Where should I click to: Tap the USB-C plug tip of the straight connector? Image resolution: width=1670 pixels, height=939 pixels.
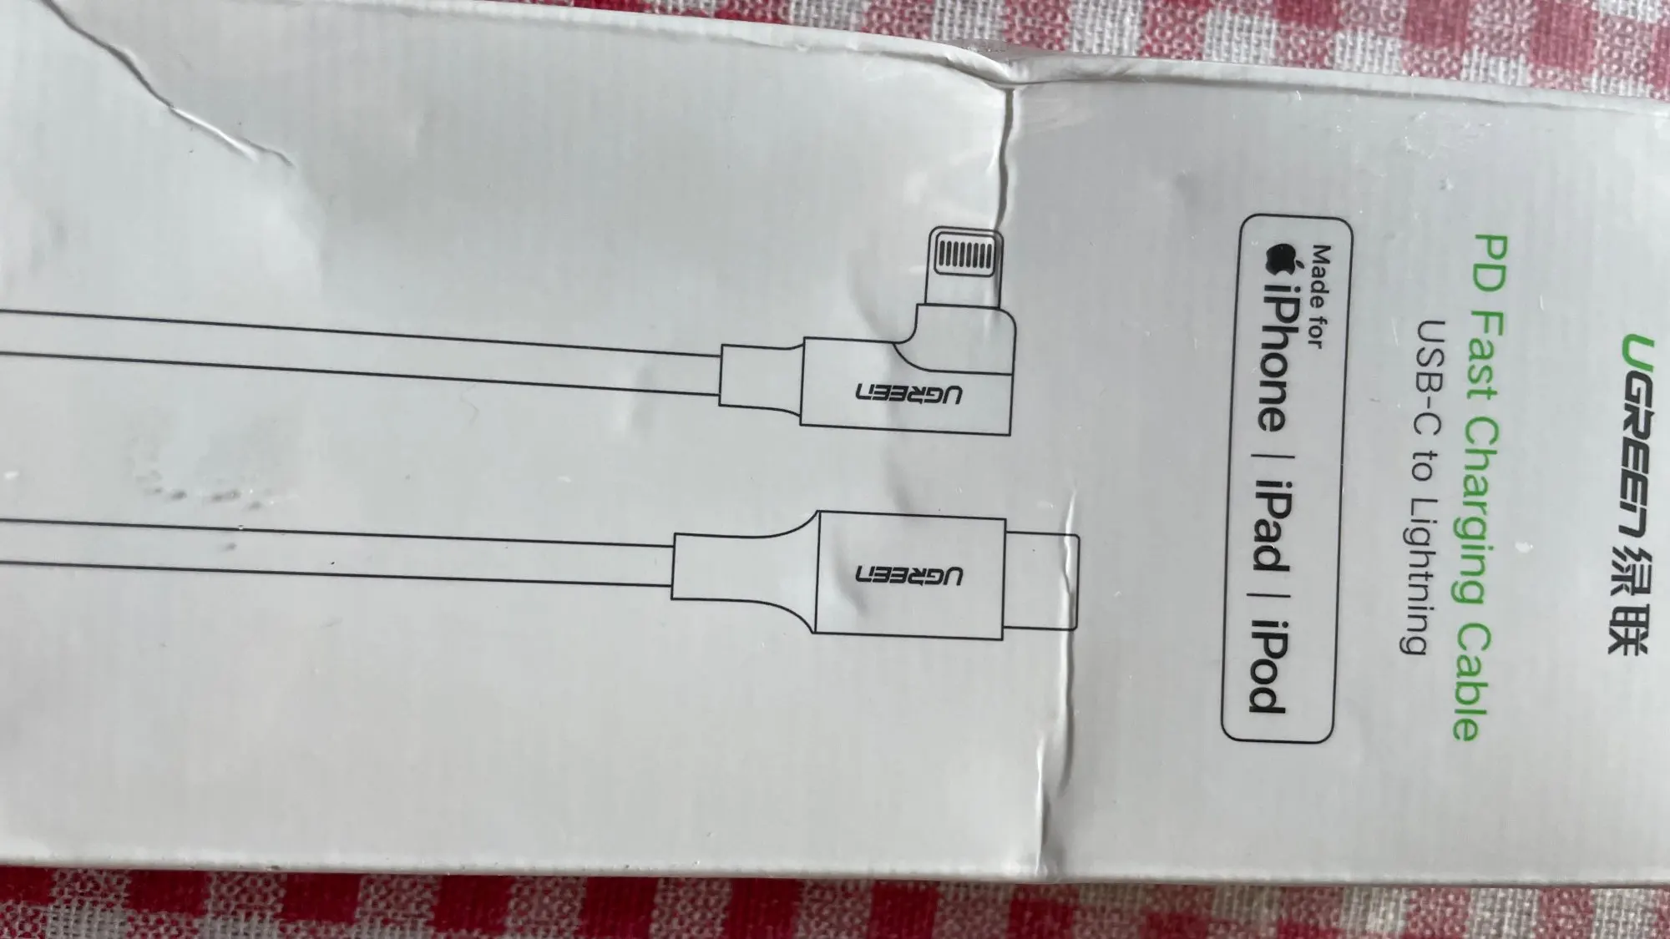tap(1040, 580)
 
